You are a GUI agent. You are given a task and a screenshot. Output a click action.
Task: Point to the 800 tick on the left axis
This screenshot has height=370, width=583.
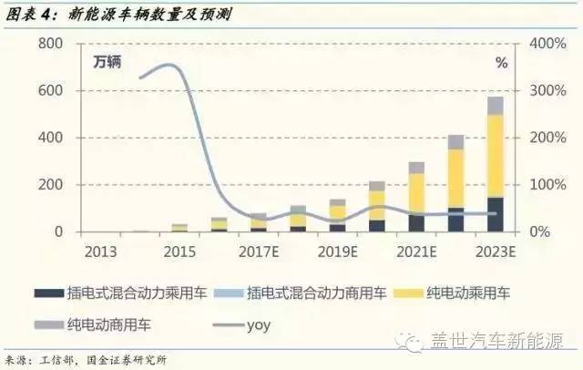pyautogui.click(x=50, y=44)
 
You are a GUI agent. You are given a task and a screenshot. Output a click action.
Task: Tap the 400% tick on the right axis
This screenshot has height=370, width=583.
pyautogui.click(x=549, y=44)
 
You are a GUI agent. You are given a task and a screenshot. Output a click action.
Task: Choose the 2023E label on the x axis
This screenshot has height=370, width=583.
pyautogui.click(x=496, y=250)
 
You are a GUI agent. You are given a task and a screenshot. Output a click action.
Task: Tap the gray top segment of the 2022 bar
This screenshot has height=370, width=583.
pyautogui.click(x=455, y=142)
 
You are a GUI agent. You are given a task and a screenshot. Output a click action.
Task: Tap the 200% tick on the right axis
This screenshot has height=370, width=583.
pyautogui.click(x=549, y=138)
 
